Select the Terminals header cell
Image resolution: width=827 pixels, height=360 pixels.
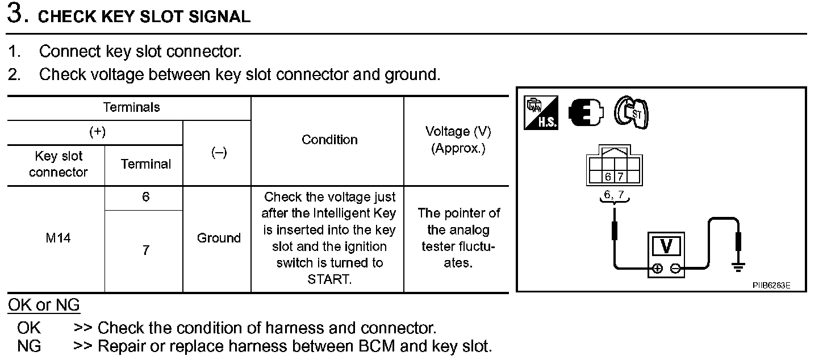pos(131,107)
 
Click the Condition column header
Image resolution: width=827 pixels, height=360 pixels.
pos(329,140)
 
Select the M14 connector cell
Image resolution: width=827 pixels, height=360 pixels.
pos(59,238)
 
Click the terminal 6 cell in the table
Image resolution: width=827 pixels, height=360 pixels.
pos(146,198)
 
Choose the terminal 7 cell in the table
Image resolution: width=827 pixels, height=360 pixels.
pos(146,250)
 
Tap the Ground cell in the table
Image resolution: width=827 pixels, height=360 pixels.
pos(219,238)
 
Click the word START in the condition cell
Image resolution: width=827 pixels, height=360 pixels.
pos(329,279)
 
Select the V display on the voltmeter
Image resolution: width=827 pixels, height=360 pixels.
pos(667,246)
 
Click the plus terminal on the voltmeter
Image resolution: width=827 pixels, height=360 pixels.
pos(657,269)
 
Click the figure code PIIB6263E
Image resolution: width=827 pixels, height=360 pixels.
pos(771,286)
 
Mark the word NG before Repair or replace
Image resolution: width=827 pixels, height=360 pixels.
pos(29,346)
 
